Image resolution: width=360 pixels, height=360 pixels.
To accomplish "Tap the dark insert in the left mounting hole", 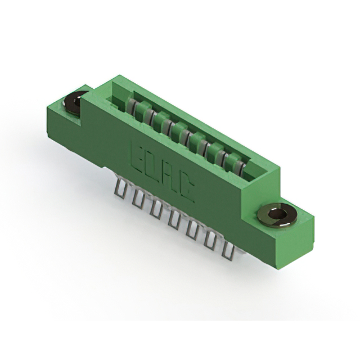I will (73, 104).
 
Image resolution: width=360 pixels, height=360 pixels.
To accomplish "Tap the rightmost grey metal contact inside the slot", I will (241, 166).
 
